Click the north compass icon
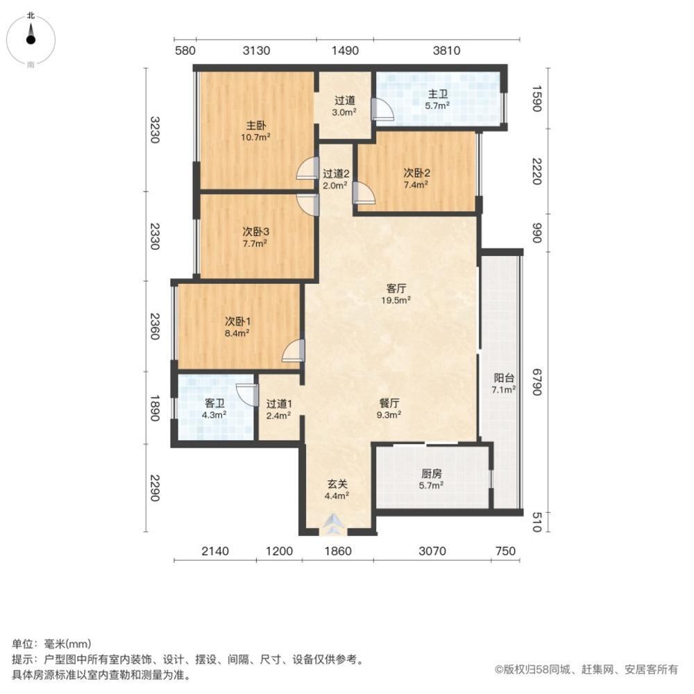[x=31, y=40]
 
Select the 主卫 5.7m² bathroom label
[x=437, y=100]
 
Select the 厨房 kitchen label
[x=432, y=480]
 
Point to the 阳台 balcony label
[x=504, y=384]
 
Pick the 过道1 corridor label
[x=278, y=409]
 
